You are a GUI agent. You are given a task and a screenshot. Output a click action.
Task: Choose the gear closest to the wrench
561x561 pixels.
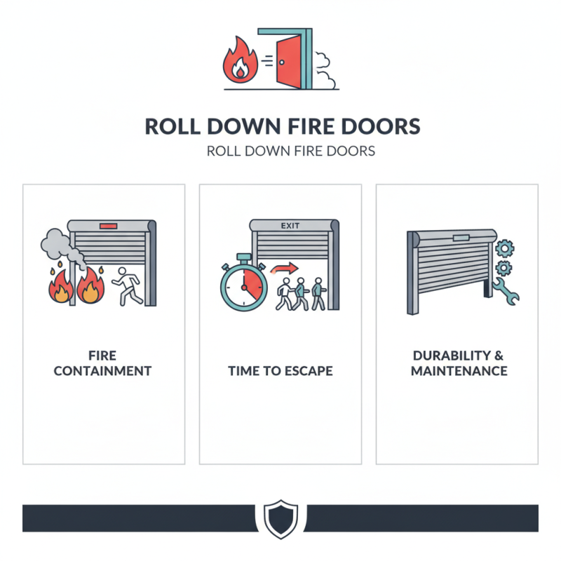[x=503, y=269]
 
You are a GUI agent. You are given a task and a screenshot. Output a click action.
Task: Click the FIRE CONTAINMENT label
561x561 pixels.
[x=102, y=363]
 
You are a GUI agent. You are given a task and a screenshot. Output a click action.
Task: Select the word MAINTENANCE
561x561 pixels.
[x=459, y=371]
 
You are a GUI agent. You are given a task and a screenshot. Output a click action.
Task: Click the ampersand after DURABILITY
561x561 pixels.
[x=499, y=356]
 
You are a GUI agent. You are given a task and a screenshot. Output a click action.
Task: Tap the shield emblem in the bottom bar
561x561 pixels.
[x=280, y=519]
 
